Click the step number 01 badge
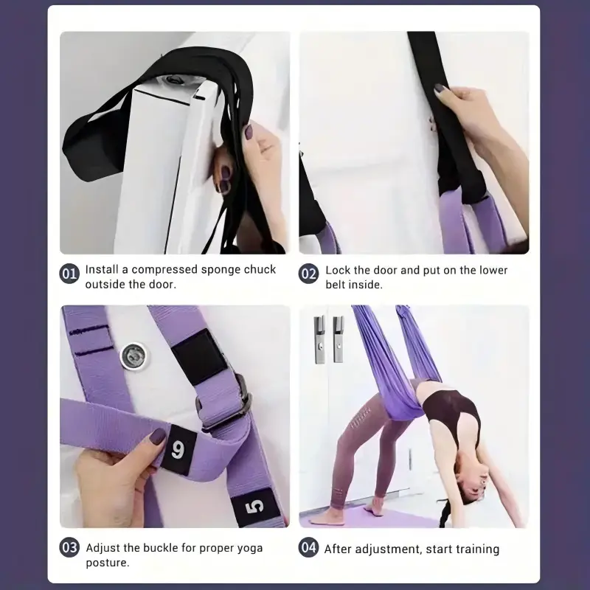click(x=69, y=274)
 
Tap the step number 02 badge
click(x=308, y=274)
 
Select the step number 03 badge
click(x=69, y=547)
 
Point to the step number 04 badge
click(x=308, y=547)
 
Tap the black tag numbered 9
click(x=178, y=450)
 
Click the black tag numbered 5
click(x=255, y=507)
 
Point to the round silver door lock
click(x=133, y=356)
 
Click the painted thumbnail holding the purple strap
click(x=157, y=436)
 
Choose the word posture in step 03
click(x=107, y=563)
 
